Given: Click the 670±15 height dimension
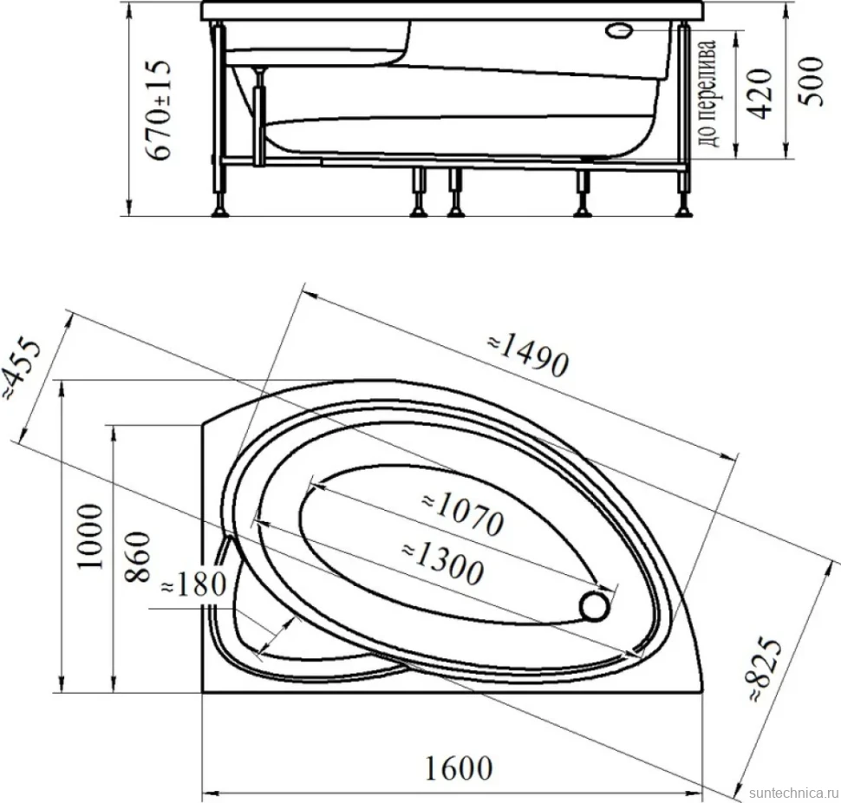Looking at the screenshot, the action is click(x=160, y=109).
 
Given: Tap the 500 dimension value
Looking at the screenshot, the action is click(x=810, y=82).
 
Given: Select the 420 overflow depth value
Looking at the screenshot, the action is click(x=760, y=93).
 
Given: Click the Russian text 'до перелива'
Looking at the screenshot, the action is click(x=707, y=94).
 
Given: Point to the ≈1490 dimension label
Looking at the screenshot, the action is click(x=528, y=356).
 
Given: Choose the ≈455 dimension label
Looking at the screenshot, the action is click(x=21, y=369).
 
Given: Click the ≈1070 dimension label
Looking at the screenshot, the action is click(x=462, y=514).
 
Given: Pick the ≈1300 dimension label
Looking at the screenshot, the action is click(x=442, y=563).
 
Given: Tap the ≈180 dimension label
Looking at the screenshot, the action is click(x=193, y=584).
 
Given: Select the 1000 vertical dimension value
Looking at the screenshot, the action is click(x=89, y=536).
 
